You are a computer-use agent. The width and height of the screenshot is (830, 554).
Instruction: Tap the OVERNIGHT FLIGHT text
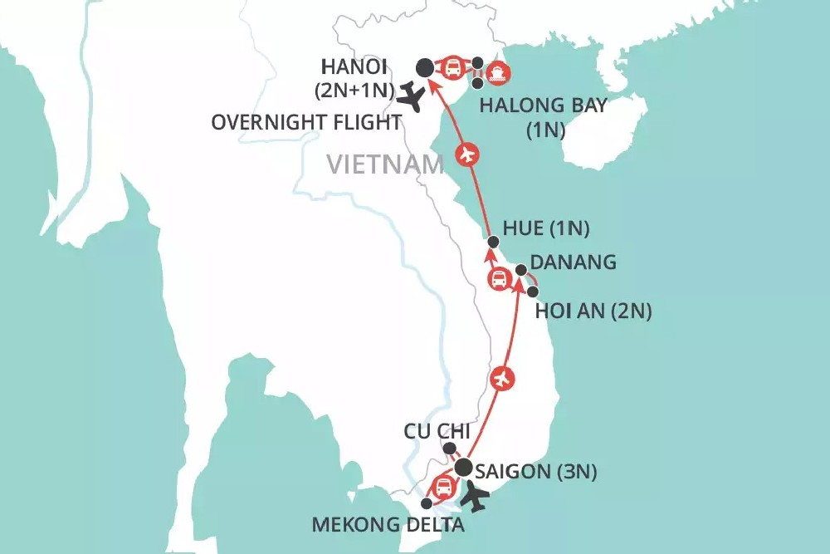[x=306, y=122]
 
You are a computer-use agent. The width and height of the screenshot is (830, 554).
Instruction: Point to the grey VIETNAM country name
[x=385, y=164]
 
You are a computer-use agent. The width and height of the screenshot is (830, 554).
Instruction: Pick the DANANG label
[x=573, y=262]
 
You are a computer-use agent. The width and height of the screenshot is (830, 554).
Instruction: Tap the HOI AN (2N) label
[x=593, y=311]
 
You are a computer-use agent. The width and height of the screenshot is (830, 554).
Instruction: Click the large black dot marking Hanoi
[x=424, y=67]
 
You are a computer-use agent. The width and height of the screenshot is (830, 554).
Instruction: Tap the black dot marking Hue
[x=494, y=242]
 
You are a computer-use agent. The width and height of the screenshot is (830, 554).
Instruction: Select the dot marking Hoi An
[x=533, y=292]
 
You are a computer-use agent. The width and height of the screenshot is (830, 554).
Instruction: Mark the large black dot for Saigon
[x=462, y=468]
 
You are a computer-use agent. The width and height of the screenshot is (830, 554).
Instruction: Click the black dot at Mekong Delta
[x=427, y=503]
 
